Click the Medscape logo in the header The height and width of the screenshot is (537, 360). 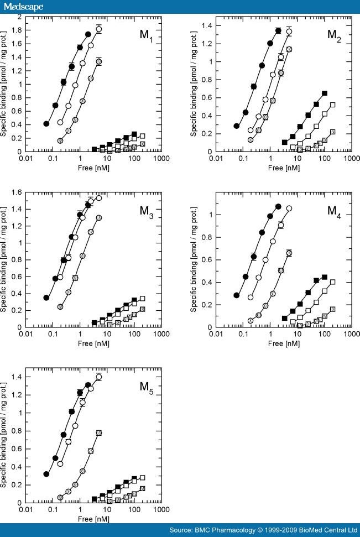click(22, 6)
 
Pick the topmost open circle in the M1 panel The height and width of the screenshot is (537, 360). click(99, 29)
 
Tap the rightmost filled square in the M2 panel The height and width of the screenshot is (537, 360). click(325, 93)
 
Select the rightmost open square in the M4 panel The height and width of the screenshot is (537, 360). click(332, 282)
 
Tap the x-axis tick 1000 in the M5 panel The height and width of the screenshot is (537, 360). click(161, 509)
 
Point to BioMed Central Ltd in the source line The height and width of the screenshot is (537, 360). click(330, 530)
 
